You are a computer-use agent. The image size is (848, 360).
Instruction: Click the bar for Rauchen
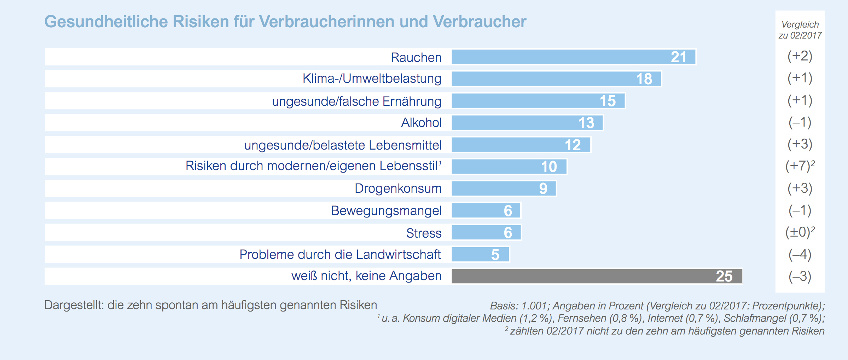pyautogui.click(x=574, y=57)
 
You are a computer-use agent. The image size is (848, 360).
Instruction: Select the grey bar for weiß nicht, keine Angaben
pyautogui.click(x=597, y=276)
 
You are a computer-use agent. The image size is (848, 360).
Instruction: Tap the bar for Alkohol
pyautogui.click(x=527, y=123)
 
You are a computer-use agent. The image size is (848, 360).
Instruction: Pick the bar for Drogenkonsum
pyautogui.click(x=504, y=188)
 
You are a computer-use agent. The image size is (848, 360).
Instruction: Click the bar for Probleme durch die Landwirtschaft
pyautogui.click(x=480, y=254)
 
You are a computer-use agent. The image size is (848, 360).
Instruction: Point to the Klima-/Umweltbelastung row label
pyautogui.click(x=372, y=79)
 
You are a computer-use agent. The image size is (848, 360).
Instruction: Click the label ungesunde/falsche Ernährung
pyautogui.click(x=356, y=101)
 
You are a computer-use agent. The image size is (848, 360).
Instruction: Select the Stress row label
pyautogui.click(x=424, y=233)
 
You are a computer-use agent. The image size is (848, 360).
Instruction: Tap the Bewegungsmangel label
pyautogui.click(x=386, y=211)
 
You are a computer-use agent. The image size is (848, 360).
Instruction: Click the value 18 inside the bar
pyautogui.click(x=644, y=79)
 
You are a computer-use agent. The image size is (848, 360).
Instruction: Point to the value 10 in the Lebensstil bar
pyautogui.click(x=549, y=167)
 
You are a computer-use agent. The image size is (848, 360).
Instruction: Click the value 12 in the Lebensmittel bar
pyautogui.click(x=573, y=145)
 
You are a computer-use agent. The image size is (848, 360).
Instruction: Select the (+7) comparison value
pyautogui.click(x=798, y=166)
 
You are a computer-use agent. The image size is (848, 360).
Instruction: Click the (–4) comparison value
pyautogui.click(x=800, y=254)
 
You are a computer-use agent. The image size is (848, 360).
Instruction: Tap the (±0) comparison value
pyautogui.click(x=798, y=232)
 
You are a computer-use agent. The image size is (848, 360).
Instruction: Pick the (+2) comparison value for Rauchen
pyautogui.click(x=800, y=56)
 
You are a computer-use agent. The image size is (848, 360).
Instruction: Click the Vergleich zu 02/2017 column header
pyautogui.click(x=800, y=30)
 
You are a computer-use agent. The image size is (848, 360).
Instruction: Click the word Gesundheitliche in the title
pyautogui.click(x=106, y=22)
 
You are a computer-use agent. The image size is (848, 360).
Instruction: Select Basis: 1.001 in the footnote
pyautogui.click(x=519, y=306)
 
